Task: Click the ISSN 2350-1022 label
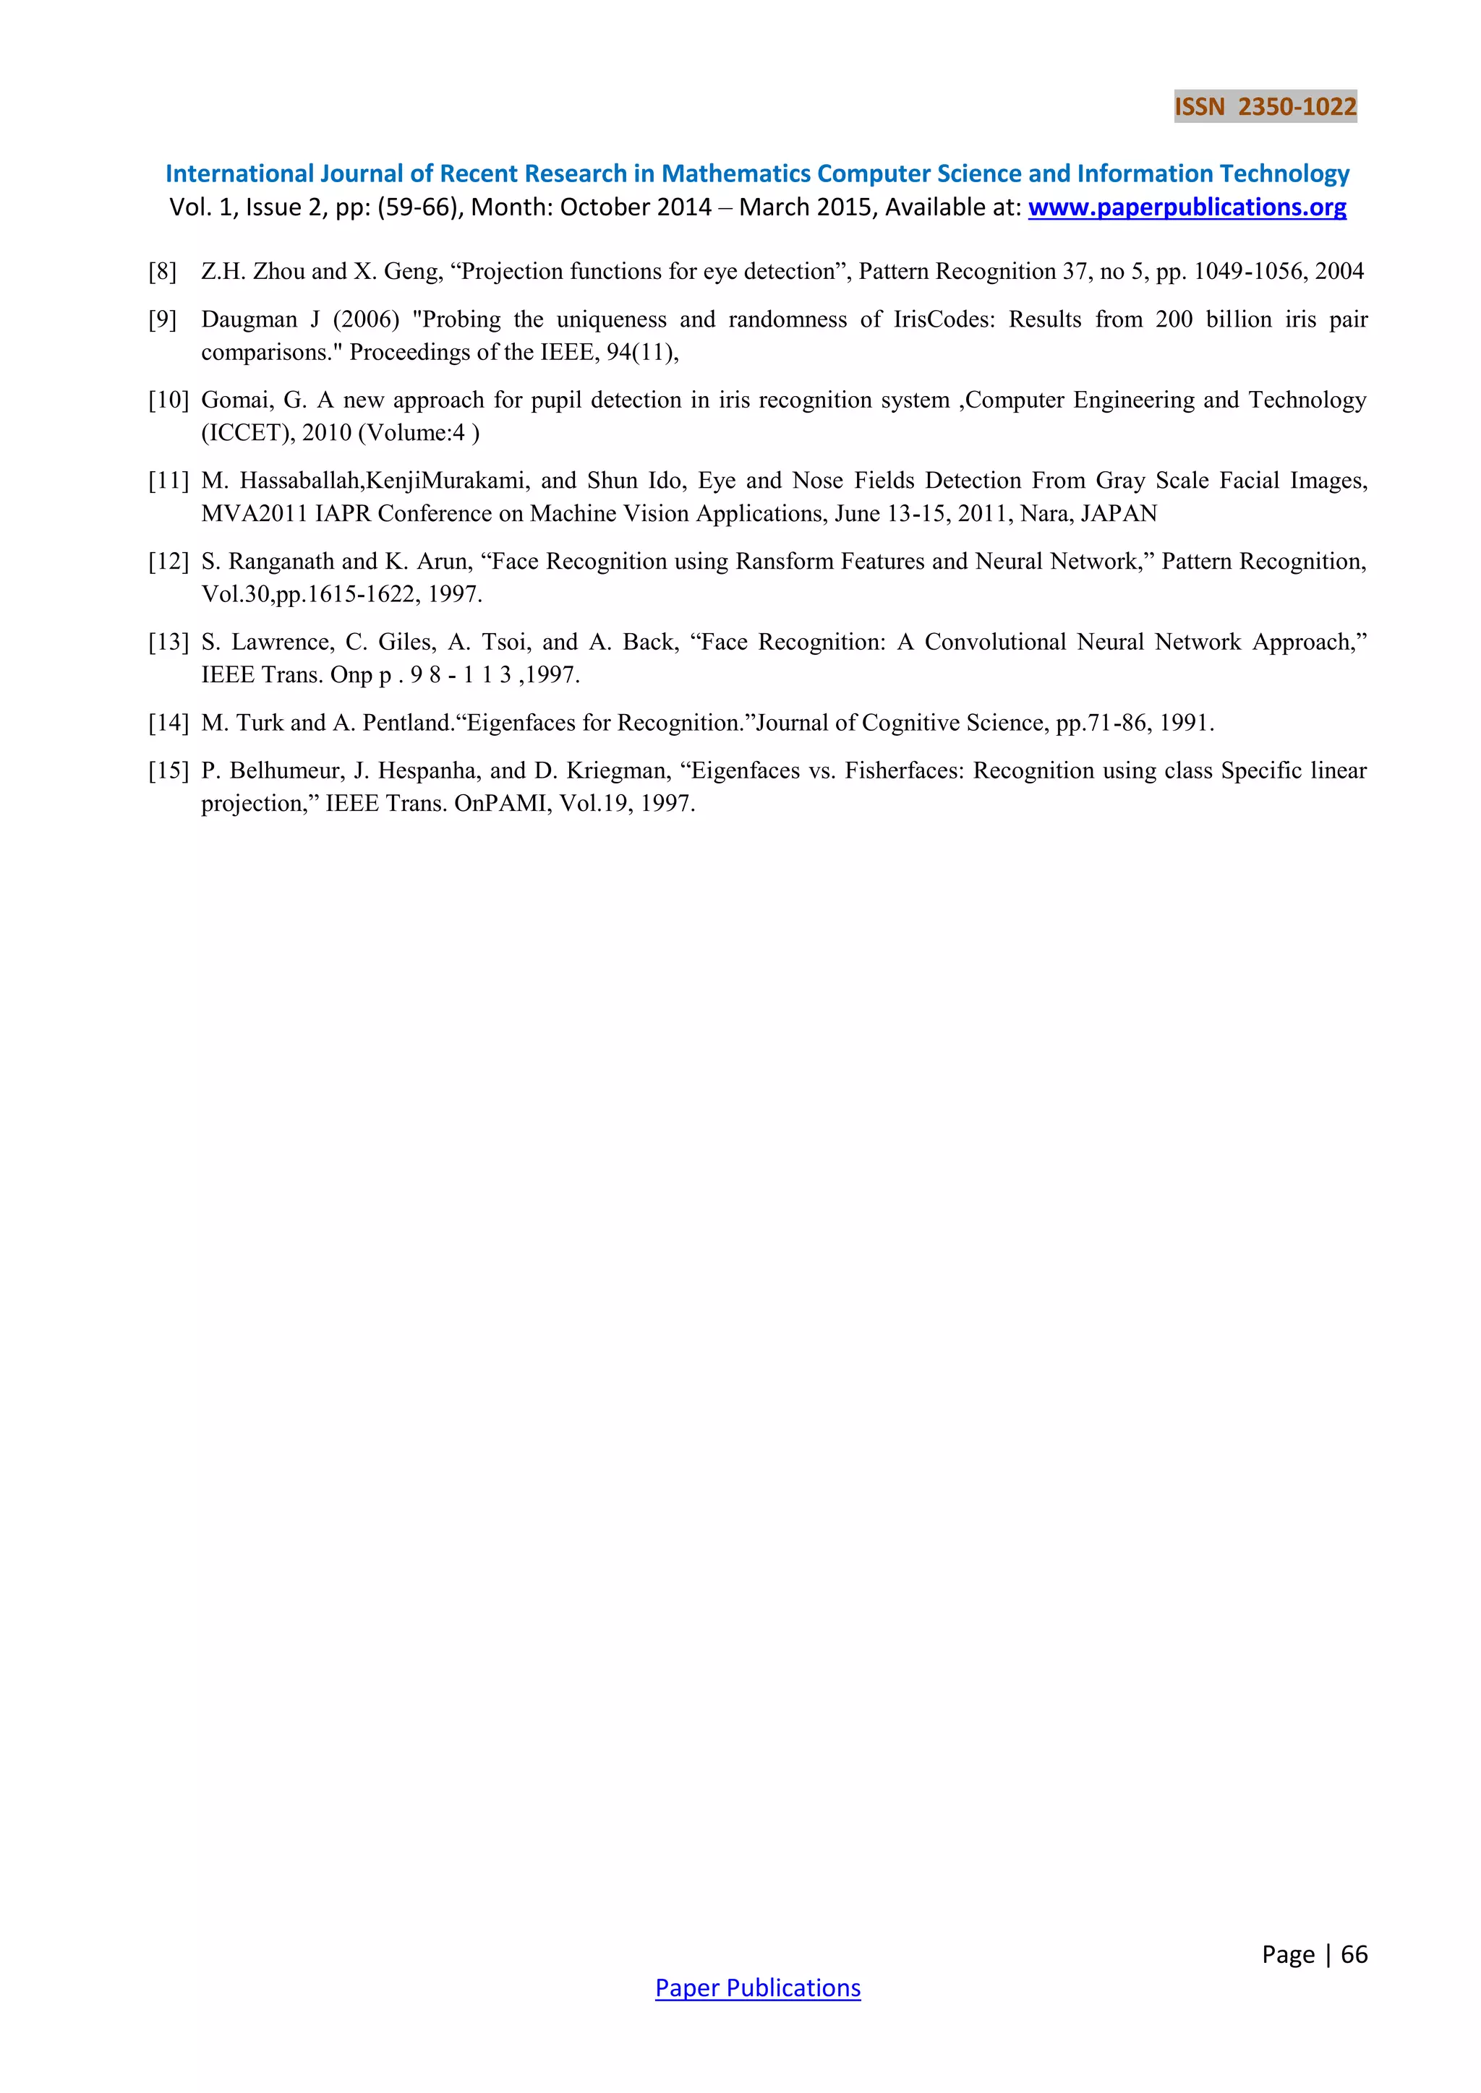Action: [x=1265, y=108]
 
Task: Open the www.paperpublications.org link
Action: [x=1187, y=208]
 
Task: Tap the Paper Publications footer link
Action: [x=757, y=1987]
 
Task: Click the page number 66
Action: [x=1354, y=1954]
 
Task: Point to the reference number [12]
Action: [x=168, y=562]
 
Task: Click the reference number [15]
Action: [x=168, y=771]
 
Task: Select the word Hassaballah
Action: [x=301, y=481]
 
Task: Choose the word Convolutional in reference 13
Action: [x=994, y=642]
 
